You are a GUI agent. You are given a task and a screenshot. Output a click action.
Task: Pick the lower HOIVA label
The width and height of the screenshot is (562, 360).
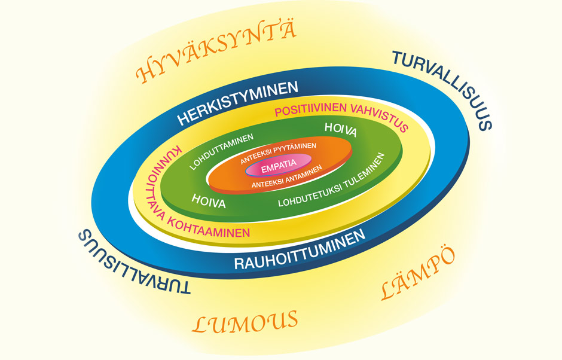[209, 200]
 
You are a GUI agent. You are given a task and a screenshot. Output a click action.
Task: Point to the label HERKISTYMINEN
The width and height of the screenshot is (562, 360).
[237, 103]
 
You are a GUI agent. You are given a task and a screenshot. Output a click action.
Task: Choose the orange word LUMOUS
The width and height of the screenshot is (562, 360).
[245, 322]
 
